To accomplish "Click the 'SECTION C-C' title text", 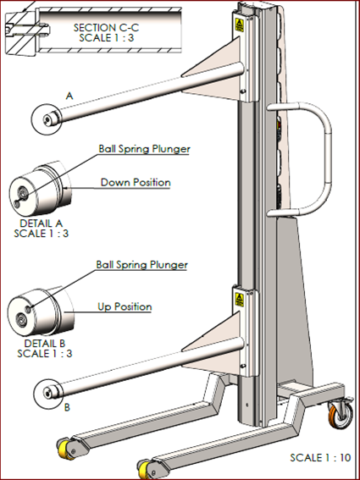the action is click(x=106, y=28).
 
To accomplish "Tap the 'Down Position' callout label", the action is click(x=136, y=183).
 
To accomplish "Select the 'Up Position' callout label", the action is click(x=125, y=306).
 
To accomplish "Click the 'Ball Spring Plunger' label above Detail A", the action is click(x=144, y=149).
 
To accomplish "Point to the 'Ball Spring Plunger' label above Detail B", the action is click(x=141, y=264).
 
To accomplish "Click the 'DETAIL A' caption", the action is click(x=42, y=223).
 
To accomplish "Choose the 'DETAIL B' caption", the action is click(x=45, y=343).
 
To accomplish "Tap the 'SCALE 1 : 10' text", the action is click(x=320, y=458).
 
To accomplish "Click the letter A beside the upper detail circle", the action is click(x=69, y=97).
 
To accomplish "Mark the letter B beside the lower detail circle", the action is click(x=68, y=407).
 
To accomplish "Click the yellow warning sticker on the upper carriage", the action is click(x=239, y=25).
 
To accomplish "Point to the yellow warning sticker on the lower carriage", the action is click(x=239, y=300).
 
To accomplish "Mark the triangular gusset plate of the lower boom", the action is click(x=214, y=344).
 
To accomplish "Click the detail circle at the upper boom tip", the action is click(x=32, y=119).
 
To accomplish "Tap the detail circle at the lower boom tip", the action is click(x=33, y=394).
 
